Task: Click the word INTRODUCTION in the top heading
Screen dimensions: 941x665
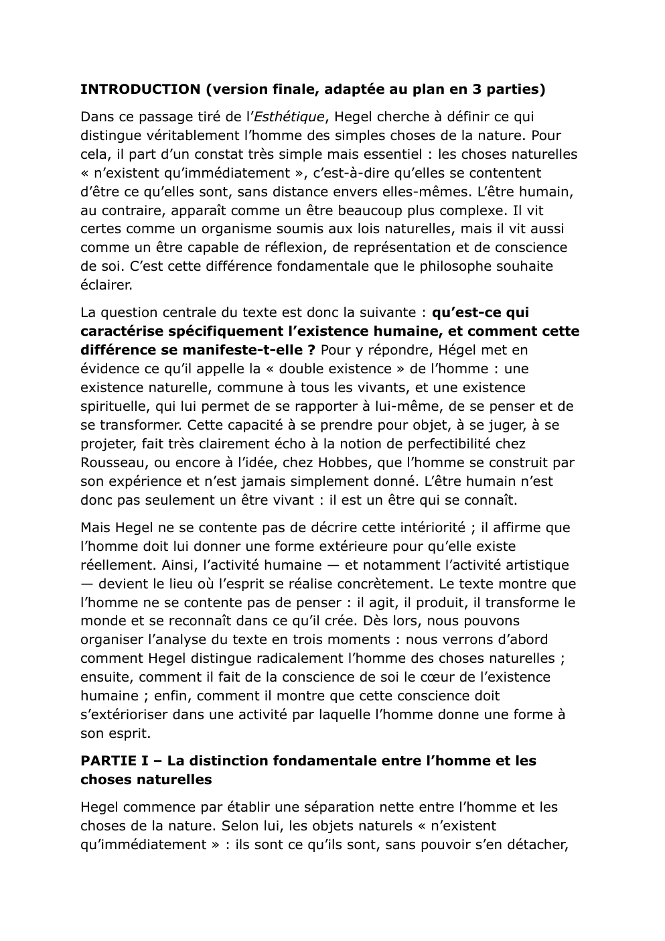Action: tap(140, 89)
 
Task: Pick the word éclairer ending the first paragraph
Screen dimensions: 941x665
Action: tap(106, 285)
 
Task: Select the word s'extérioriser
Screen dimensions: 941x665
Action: tap(122, 714)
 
